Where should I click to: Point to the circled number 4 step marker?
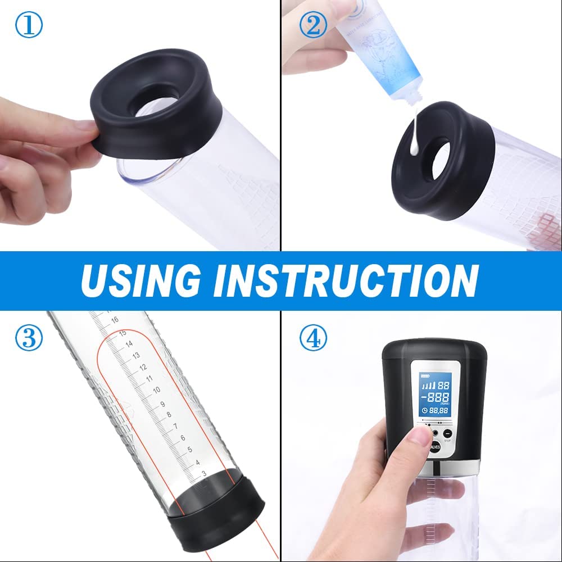tap(313, 338)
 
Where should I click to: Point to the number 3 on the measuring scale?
tap(202, 474)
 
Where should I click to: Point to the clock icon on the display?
tap(423, 410)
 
